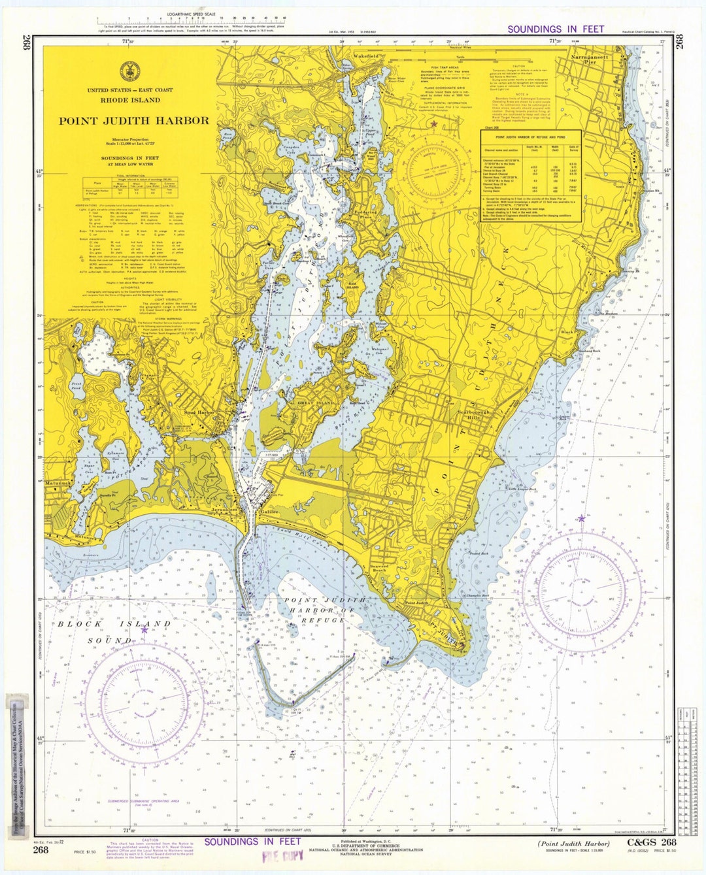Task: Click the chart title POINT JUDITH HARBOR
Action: click(134, 121)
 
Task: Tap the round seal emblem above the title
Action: click(128, 71)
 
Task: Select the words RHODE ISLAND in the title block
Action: click(130, 101)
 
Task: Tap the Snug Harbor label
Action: click(199, 413)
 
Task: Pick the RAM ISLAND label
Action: click(352, 285)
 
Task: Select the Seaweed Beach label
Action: click(379, 569)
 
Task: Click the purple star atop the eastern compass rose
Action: click(581, 518)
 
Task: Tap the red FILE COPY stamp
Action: click(278, 857)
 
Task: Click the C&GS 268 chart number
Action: click(651, 842)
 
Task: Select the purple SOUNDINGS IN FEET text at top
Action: click(556, 29)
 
